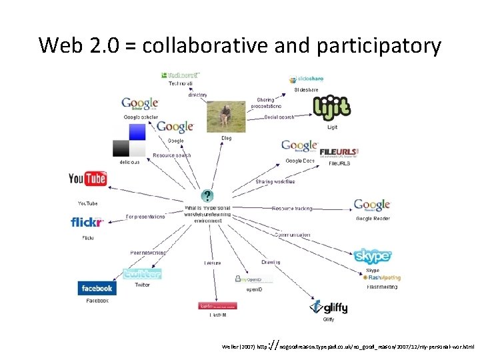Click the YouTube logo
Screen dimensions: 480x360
coord(87,179)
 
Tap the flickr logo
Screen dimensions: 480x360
coord(87,222)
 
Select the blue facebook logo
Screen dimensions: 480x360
coord(97,289)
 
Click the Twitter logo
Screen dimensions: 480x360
coord(142,273)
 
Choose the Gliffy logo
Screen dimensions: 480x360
coord(329,307)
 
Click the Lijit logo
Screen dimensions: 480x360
coord(331,107)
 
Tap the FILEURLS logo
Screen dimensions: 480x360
coord(339,152)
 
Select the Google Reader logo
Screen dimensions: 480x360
coord(372,205)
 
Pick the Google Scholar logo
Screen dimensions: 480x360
coord(140,105)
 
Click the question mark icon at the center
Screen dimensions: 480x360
coord(208,196)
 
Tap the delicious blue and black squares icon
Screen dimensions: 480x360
coord(129,141)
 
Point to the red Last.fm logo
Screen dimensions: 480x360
coord(218,307)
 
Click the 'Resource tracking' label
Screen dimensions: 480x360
coord(292,209)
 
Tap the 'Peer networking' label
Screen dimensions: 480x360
coord(147,253)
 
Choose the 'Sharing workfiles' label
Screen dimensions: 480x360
coord(275,181)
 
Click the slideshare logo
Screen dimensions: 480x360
coord(306,79)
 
